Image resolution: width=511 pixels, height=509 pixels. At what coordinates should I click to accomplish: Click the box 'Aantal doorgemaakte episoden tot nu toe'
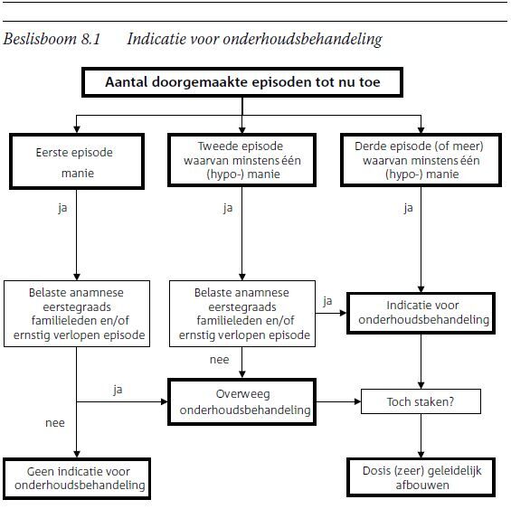click(x=242, y=82)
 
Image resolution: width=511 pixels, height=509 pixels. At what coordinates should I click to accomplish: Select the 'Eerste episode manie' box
click(x=77, y=161)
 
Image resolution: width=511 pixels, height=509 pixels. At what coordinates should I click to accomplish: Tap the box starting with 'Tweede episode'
click(x=241, y=160)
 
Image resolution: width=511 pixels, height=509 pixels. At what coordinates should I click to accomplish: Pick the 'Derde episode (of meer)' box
click(x=421, y=160)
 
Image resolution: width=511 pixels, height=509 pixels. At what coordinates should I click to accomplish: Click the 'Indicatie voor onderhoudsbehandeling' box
click(x=421, y=313)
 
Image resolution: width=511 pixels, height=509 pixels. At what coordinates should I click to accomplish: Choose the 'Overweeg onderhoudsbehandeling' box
click(x=241, y=401)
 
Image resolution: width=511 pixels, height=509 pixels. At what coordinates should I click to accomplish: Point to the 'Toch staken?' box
click(x=421, y=401)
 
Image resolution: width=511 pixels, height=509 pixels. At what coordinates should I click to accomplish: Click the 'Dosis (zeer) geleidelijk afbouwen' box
click(x=421, y=477)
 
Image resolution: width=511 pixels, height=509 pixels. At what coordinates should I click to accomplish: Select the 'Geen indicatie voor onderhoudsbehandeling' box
click(x=77, y=478)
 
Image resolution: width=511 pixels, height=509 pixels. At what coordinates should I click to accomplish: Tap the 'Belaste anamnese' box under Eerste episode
click(x=77, y=314)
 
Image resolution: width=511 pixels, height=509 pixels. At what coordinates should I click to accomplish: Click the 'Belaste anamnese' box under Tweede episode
click(x=242, y=314)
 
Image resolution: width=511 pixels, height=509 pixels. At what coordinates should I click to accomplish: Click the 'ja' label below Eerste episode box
click(x=62, y=208)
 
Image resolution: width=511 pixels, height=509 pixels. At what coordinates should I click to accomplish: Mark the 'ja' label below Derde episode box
click(x=408, y=208)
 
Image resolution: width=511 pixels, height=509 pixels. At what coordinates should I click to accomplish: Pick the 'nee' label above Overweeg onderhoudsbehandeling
click(x=220, y=360)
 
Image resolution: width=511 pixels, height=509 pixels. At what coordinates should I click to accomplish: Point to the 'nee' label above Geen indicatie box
click(x=55, y=423)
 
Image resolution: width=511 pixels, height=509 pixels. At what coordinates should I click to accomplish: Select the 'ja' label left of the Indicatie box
click(x=327, y=301)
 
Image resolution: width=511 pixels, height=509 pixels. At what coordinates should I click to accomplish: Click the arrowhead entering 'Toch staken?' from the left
click(x=358, y=401)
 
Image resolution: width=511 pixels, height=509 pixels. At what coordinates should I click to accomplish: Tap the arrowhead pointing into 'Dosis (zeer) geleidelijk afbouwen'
click(x=421, y=455)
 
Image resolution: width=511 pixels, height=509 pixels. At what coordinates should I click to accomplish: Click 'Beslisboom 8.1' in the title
click(x=52, y=39)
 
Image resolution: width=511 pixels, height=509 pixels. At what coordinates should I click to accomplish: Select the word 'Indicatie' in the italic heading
click(x=156, y=39)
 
